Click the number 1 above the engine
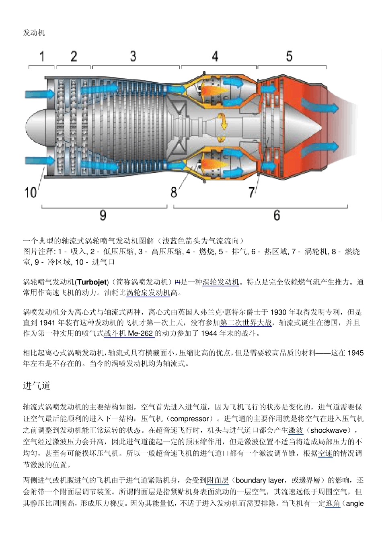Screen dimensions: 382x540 click(42, 56)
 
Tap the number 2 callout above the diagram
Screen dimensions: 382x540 click(74, 56)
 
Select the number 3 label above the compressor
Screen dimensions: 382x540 click(133, 56)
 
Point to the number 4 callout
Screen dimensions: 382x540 click(215, 56)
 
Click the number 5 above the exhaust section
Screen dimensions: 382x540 click(289, 56)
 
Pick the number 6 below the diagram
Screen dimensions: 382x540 click(277, 216)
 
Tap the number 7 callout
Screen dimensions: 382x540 click(252, 192)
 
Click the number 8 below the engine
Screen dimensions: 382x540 click(174, 192)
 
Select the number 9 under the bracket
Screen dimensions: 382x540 click(103, 216)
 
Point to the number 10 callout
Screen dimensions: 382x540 click(31, 192)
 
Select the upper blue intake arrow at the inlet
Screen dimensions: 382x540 click(40, 94)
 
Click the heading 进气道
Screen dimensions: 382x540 click(37, 386)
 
